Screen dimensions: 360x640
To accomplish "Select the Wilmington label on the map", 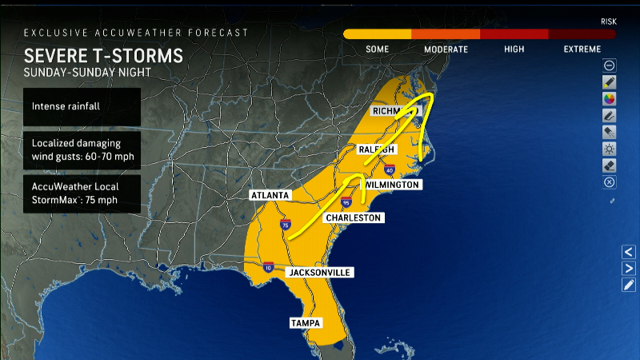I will [391, 185].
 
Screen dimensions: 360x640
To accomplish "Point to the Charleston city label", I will [353, 218].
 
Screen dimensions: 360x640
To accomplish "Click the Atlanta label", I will [270, 195].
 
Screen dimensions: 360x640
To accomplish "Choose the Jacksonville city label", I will [319, 273].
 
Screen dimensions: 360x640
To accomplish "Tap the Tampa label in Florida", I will [305, 323].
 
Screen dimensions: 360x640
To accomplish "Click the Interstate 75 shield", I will [286, 227].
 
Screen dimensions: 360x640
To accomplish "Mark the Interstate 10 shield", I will [268, 266].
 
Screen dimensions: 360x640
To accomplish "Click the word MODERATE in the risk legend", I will [446, 50].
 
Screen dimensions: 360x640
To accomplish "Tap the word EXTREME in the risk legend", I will [582, 50].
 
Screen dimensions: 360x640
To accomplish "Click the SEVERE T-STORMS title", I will [103, 56].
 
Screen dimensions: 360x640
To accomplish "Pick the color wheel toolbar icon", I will [610, 98].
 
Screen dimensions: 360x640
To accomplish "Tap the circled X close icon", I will [610, 182].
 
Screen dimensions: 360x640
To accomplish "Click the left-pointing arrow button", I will [629, 252].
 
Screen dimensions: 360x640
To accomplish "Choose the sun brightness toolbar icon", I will [610, 149].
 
